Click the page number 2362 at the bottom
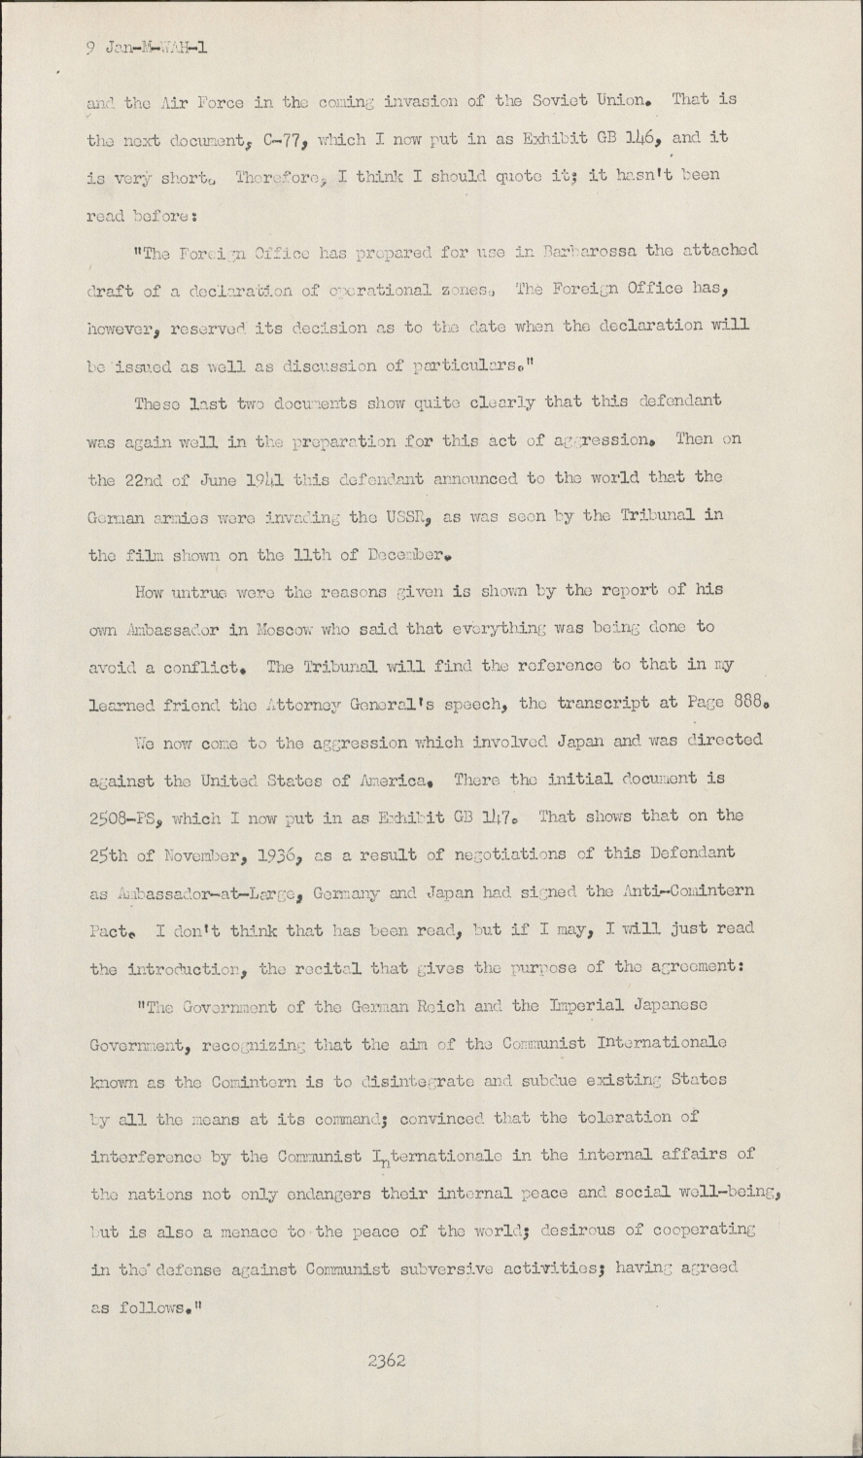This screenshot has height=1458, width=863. [x=386, y=1362]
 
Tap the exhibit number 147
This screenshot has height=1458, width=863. [x=507, y=816]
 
